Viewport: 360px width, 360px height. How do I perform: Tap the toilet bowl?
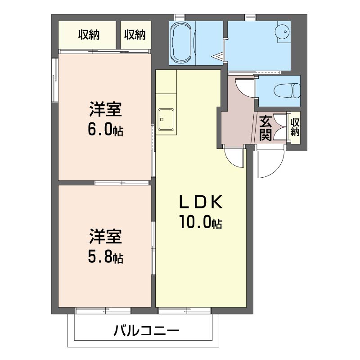point(287,90)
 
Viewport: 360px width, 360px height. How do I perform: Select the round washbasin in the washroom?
point(283,31)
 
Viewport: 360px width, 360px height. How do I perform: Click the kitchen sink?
point(166,119)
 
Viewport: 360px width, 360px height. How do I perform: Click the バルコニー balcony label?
point(146,331)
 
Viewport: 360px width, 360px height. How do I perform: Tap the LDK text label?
point(201,202)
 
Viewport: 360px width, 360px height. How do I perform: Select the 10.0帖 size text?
point(201,222)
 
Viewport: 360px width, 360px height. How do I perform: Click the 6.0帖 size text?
point(105,130)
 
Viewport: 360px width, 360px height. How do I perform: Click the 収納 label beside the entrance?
point(295,127)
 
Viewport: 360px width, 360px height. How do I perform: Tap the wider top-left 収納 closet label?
point(89,35)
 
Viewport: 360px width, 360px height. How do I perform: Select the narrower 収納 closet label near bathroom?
point(135,35)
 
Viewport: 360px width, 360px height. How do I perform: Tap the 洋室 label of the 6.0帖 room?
point(105,109)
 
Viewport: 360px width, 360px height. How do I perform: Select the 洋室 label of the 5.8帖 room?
point(105,237)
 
